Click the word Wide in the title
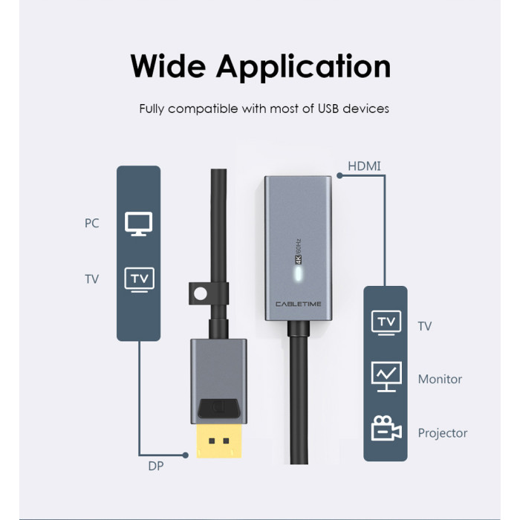click(x=168, y=65)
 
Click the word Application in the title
click(x=303, y=68)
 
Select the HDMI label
click(x=364, y=166)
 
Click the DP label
click(x=156, y=466)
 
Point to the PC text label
click(x=91, y=223)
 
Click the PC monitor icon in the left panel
click(x=139, y=224)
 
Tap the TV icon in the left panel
click(x=140, y=280)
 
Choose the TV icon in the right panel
click(x=386, y=322)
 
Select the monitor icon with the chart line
click(x=386, y=377)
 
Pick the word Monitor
click(x=440, y=379)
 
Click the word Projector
click(x=443, y=433)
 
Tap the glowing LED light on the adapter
click(x=299, y=274)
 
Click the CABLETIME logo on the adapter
click(x=299, y=304)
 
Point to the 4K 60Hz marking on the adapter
click(x=298, y=251)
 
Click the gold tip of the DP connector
click(x=219, y=441)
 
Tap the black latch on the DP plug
click(x=219, y=409)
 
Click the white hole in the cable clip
click(x=200, y=294)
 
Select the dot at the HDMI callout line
click(x=339, y=176)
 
